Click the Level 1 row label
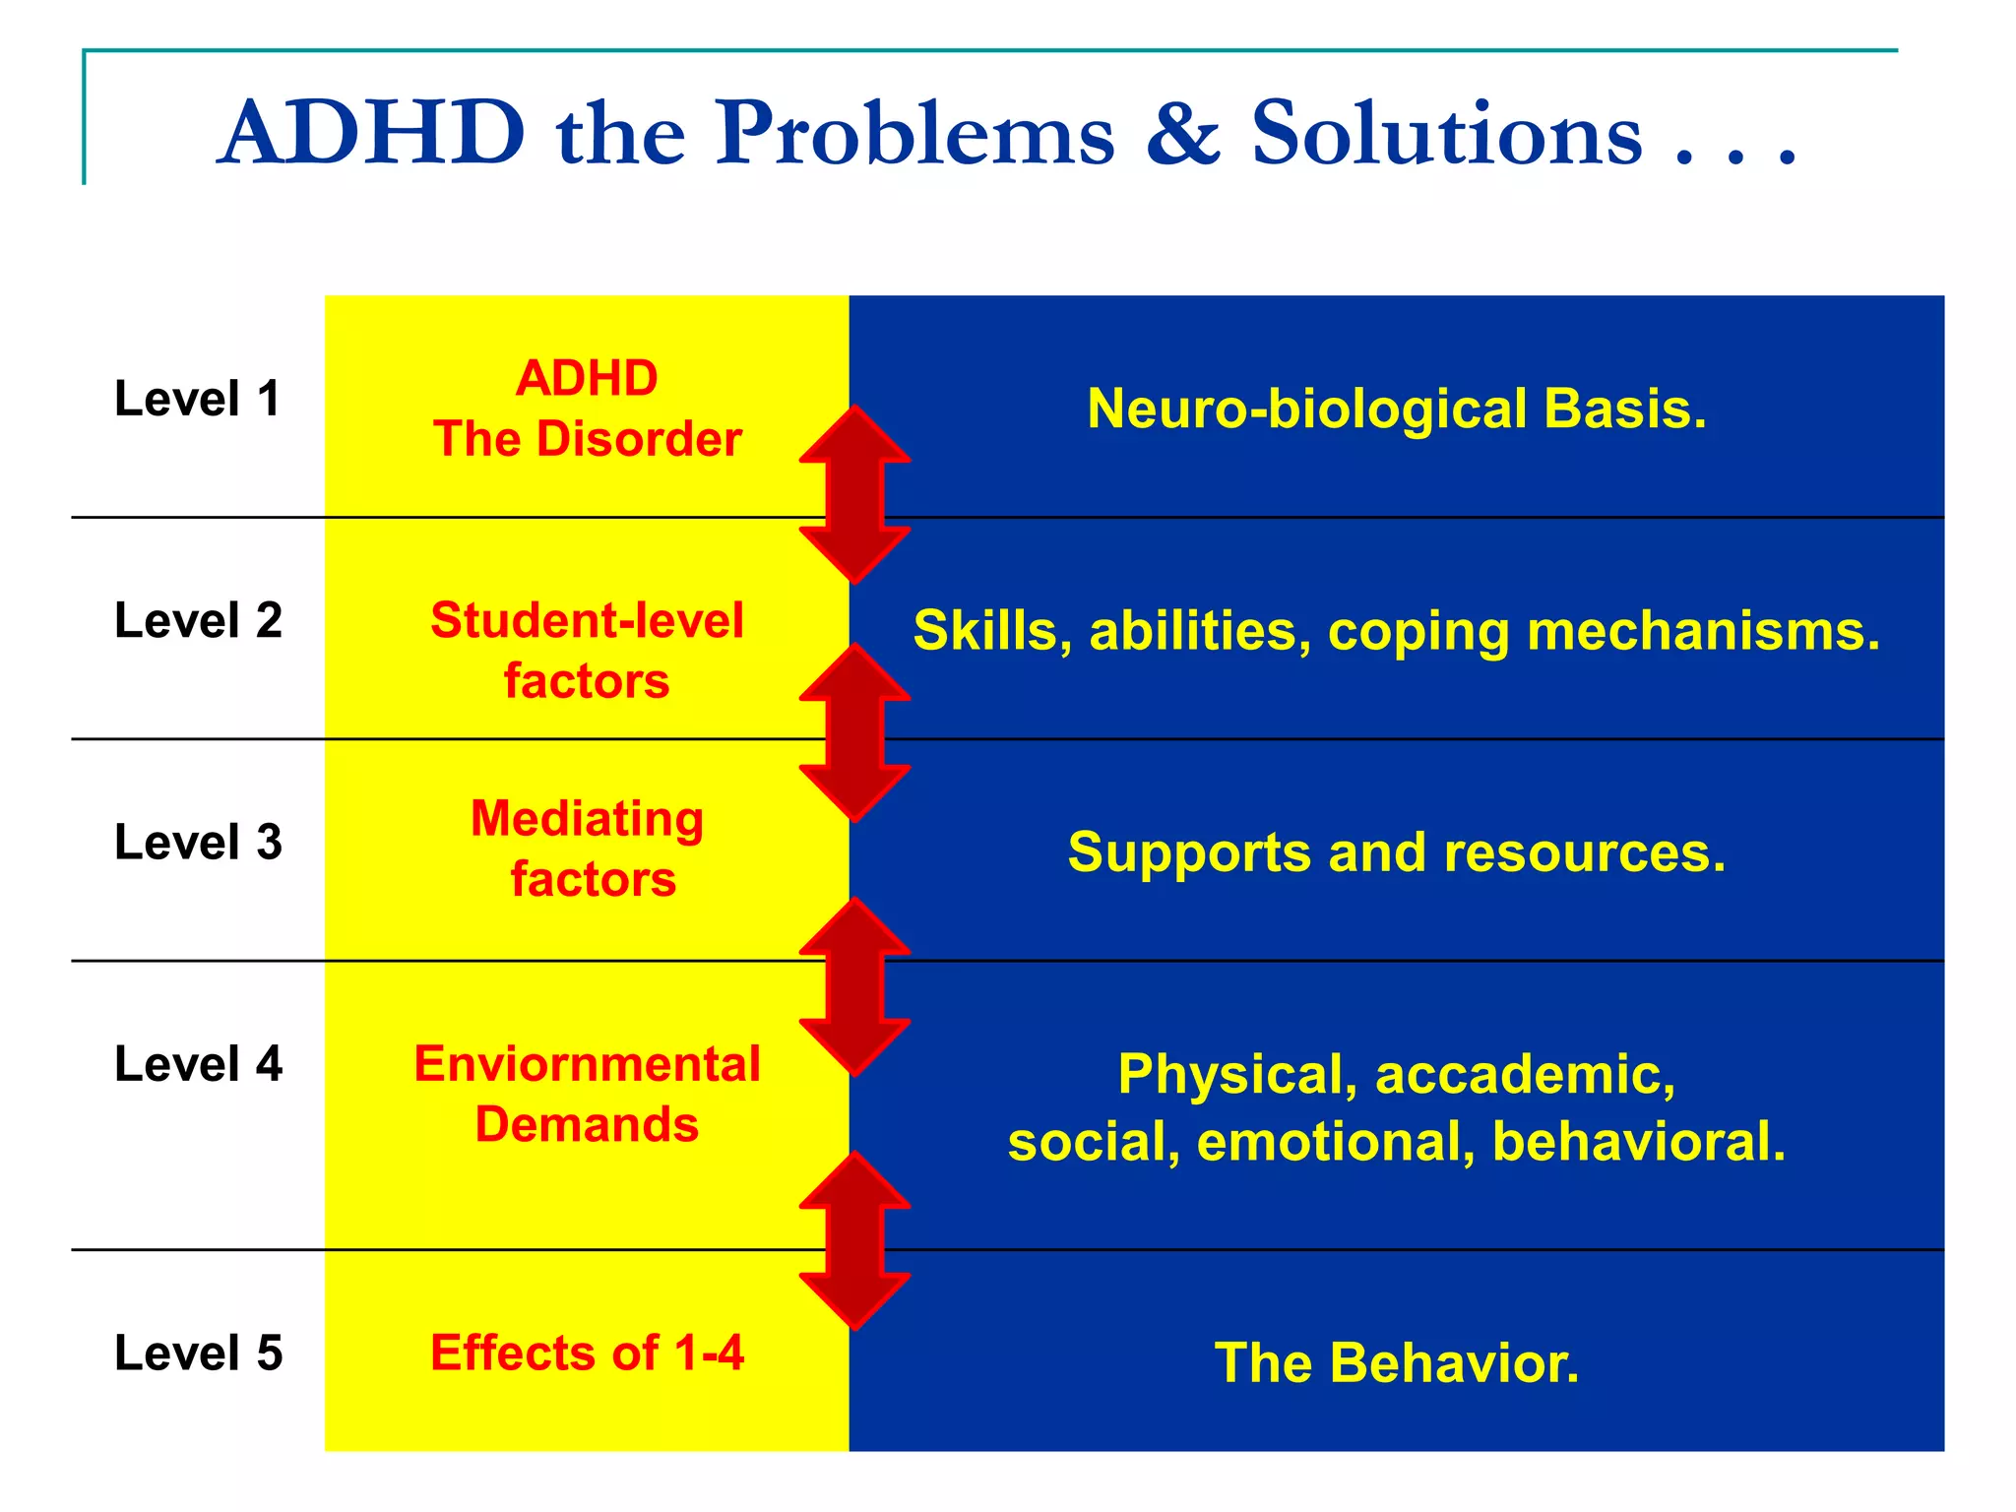198,399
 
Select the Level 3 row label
198,843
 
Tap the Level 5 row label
198,1353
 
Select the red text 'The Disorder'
588,439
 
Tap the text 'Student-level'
588,620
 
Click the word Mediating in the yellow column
588,818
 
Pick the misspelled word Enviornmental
588,1064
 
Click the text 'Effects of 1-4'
588,1353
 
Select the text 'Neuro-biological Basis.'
1396,409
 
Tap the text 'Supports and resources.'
1396,852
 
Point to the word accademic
1525,1074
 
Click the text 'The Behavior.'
1396,1363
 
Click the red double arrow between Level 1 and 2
854,495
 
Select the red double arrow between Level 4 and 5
854,1240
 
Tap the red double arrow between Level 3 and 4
854,986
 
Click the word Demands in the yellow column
588,1124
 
